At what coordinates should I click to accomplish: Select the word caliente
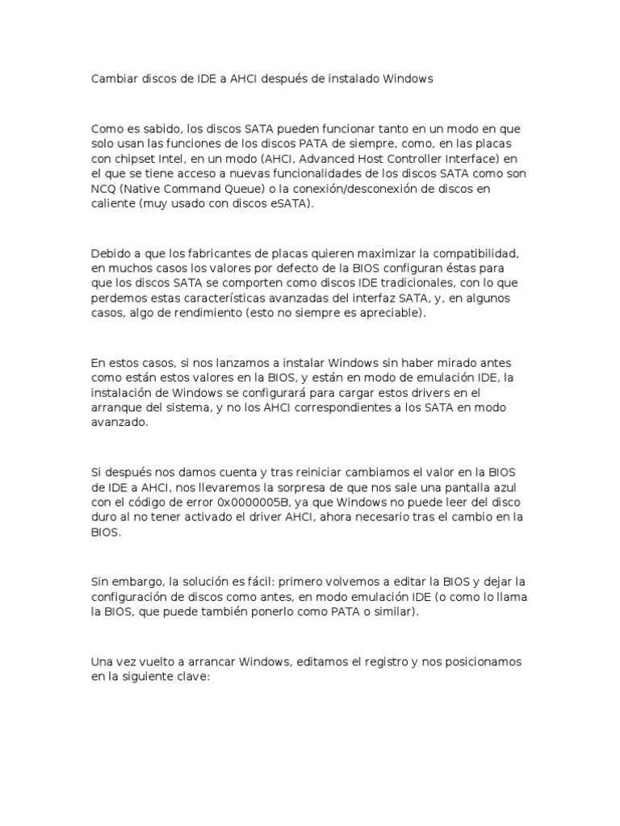(113, 204)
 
